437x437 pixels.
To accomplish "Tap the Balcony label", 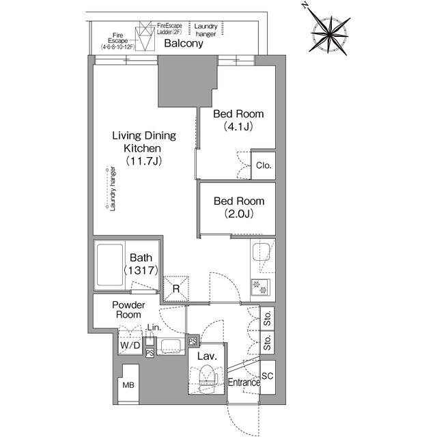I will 184,44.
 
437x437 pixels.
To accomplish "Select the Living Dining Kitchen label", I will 144,147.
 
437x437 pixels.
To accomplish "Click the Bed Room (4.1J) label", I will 238,120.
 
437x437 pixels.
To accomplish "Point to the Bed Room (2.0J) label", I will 238,208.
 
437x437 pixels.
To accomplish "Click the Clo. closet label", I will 264,165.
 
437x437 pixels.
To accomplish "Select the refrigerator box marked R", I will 175,288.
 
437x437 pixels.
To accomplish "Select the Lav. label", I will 208,356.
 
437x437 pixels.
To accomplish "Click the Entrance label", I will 244,382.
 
